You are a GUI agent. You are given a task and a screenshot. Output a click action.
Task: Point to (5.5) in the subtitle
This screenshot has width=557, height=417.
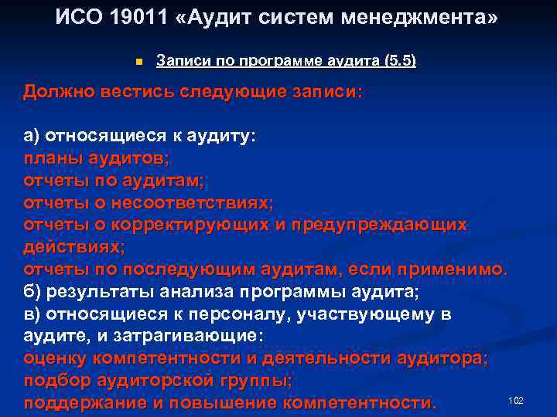coord(399,60)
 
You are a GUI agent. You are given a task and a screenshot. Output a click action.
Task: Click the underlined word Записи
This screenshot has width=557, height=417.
coord(181,60)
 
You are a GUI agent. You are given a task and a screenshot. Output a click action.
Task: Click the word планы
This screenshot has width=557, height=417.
coord(53,158)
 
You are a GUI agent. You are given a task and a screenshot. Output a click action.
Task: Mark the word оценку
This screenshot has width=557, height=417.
coord(56,359)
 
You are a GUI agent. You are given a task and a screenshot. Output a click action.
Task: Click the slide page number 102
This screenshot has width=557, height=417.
coord(516,400)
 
